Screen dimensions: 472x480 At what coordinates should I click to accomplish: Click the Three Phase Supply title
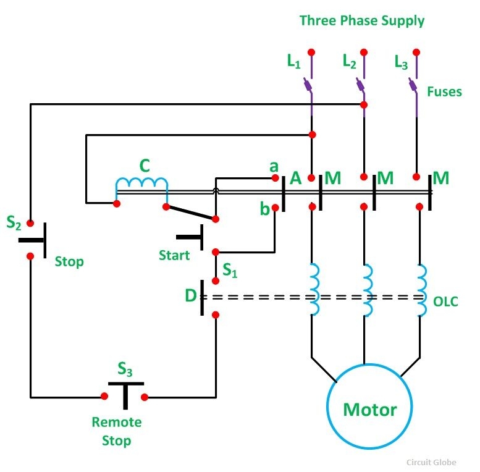[362, 20]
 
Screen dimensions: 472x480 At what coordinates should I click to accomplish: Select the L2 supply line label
[349, 62]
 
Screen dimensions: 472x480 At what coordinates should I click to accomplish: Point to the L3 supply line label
[401, 62]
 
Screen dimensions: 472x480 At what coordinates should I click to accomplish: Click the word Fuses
[444, 91]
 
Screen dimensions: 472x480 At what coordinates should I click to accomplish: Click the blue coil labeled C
[141, 184]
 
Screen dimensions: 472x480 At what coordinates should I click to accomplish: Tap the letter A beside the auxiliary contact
[295, 179]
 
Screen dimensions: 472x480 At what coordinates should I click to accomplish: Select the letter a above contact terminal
[274, 166]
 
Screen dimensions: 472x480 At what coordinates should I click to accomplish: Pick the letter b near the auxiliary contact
[265, 209]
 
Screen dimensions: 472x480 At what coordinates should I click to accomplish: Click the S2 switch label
[14, 222]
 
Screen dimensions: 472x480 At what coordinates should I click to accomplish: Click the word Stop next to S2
[69, 261]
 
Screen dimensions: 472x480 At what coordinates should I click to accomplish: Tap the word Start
[174, 255]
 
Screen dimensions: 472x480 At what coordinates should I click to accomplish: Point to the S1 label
[230, 269]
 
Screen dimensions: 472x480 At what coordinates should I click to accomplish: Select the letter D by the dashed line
[190, 296]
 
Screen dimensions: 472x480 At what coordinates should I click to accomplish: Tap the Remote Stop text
[117, 431]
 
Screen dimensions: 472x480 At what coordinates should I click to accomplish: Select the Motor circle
[369, 408]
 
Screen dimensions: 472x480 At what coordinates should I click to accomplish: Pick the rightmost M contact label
[440, 179]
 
